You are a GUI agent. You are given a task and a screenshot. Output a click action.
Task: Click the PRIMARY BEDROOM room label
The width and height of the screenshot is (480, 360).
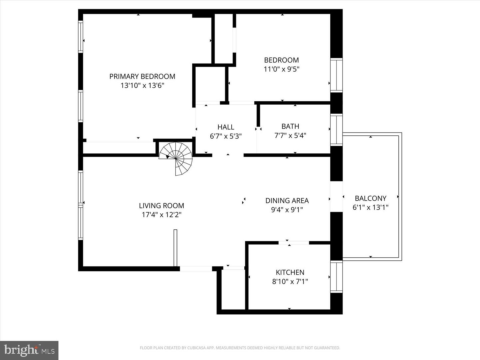click(142, 76)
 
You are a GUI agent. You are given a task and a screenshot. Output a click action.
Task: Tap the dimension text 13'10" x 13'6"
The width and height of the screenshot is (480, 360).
click(142, 86)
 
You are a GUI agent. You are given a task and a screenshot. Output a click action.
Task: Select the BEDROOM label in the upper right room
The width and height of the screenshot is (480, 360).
click(281, 60)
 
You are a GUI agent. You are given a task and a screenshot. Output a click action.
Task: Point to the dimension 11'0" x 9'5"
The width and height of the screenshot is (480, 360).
click(281, 69)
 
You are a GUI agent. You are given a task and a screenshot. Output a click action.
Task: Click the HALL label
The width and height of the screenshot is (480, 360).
click(226, 127)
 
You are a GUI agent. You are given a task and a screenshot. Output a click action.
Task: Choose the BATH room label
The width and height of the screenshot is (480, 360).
click(290, 126)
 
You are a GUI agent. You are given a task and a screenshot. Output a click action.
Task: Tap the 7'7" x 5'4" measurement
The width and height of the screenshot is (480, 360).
click(290, 136)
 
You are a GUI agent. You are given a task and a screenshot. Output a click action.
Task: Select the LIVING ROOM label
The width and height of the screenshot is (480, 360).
click(161, 206)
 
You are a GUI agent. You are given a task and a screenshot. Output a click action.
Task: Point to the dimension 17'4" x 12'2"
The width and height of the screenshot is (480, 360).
click(161, 215)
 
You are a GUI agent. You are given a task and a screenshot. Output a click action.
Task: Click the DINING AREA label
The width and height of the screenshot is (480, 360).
click(287, 201)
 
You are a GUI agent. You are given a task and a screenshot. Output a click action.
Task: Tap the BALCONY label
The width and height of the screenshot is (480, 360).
click(370, 198)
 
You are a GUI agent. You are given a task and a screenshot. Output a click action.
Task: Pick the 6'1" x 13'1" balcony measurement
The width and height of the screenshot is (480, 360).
click(370, 207)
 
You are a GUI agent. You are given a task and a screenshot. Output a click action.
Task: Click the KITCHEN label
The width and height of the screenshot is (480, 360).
click(290, 272)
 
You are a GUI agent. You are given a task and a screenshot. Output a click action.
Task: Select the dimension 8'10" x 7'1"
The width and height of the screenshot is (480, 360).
click(290, 282)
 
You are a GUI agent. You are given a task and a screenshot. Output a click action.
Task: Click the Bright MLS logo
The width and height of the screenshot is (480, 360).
click(29, 350)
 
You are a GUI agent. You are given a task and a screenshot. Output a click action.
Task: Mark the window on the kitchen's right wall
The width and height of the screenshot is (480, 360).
click(336, 277)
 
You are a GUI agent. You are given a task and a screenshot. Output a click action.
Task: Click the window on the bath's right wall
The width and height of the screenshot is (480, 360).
click(336, 130)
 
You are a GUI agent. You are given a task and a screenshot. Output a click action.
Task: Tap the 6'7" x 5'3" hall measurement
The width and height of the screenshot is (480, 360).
click(226, 136)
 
